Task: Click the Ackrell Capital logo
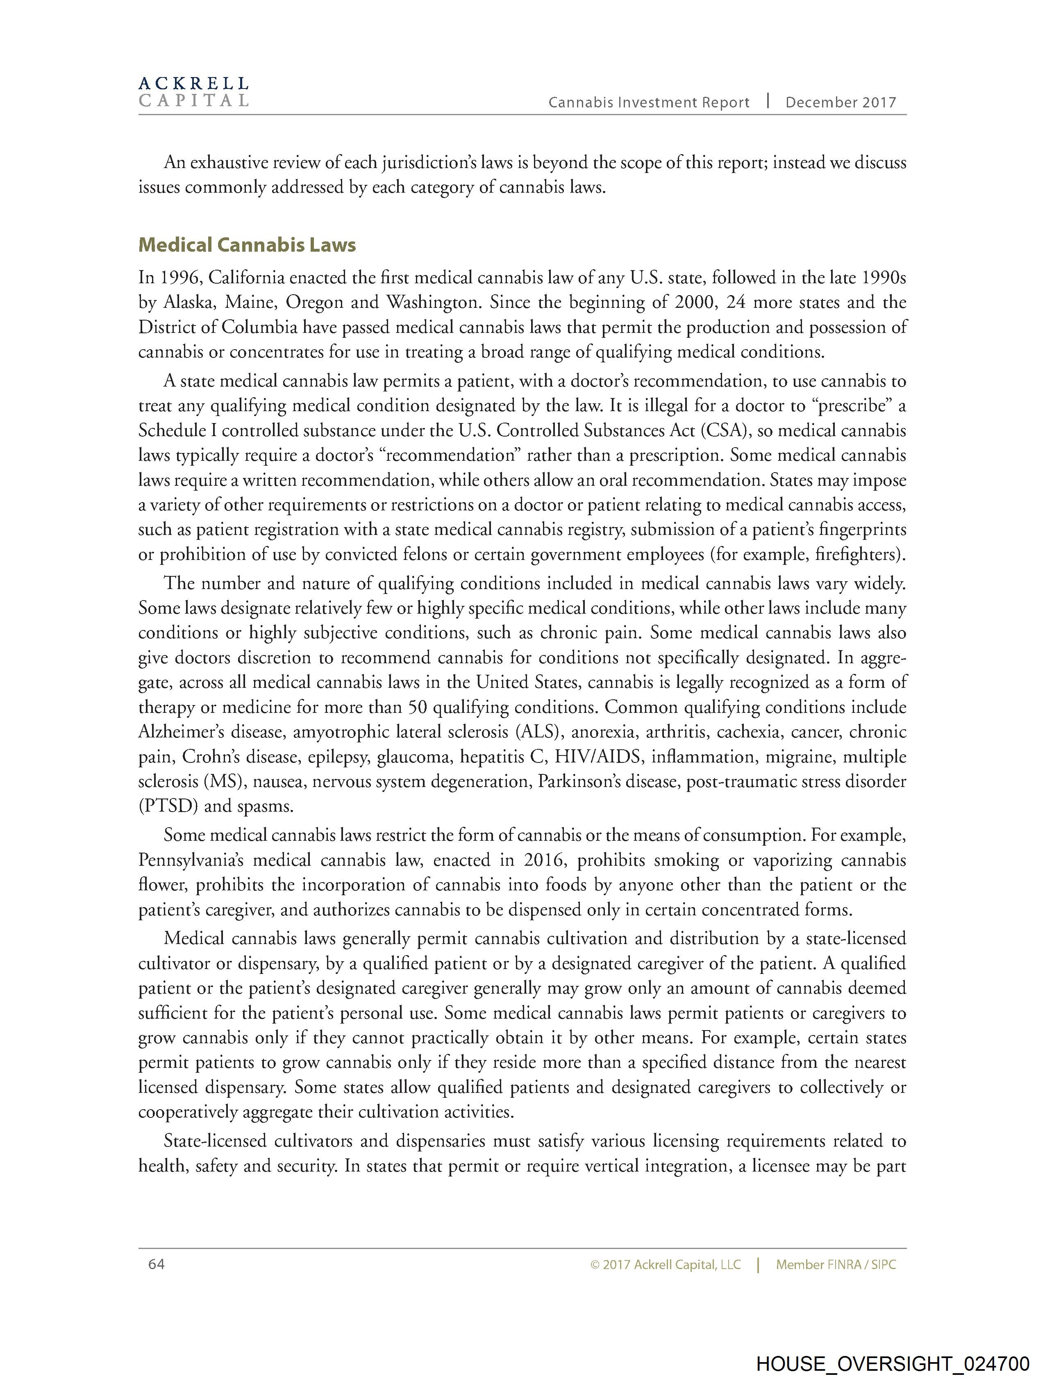tap(193, 92)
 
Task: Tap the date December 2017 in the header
tap(840, 103)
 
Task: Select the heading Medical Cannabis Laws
tap(247, 245)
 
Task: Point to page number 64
tap(157, 1264)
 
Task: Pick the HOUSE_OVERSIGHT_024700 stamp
tap(892, 1363)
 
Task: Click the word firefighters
tap(861, 554)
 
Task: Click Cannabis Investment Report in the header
tap(649, 103)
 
